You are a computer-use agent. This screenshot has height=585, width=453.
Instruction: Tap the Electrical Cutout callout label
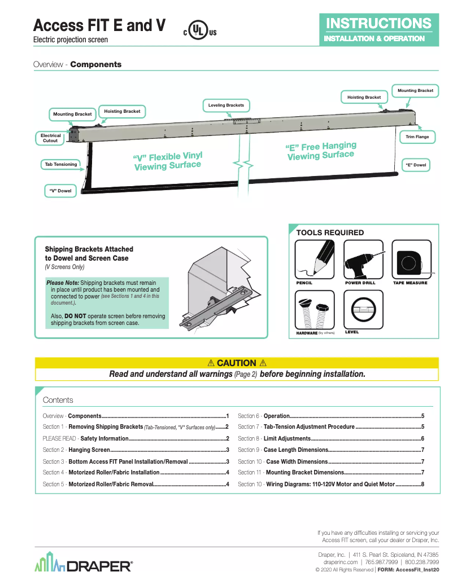[50, 138]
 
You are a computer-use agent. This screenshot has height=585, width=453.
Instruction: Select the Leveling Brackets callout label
[226, 105]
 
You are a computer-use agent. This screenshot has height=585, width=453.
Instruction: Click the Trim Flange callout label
[417, 137]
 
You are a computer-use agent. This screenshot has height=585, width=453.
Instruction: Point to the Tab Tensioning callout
[60, 165]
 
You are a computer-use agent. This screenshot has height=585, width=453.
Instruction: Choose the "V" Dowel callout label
[60, 191]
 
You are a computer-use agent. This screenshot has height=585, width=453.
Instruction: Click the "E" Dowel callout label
[415, 165]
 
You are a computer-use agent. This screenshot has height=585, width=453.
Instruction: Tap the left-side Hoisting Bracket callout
[122, 111]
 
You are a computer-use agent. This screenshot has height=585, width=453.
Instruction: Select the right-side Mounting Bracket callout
[415, 90]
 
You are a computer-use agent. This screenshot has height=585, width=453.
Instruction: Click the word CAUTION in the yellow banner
[236, 363]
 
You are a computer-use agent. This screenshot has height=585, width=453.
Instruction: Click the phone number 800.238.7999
[421, 562]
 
